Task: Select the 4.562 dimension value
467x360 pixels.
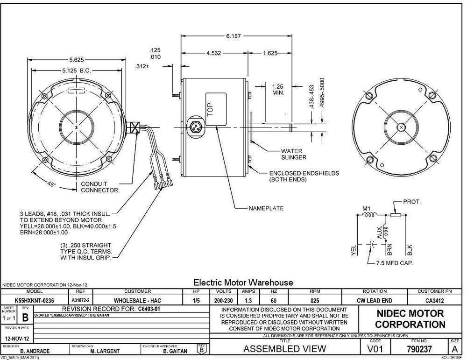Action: click(214, 53)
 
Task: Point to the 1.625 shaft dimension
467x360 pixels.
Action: click(271, 53)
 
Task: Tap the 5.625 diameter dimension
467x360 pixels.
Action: click(77, 60)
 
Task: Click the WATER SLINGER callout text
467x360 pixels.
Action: click(293, 154)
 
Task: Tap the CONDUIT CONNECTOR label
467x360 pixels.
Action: click(99, 187)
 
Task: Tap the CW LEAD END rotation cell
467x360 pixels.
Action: click(375, 301)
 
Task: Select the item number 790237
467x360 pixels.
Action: click(422, 348)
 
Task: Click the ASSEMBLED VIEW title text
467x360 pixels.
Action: click(285, 348)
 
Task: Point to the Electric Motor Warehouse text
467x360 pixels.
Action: click(243, 282)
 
